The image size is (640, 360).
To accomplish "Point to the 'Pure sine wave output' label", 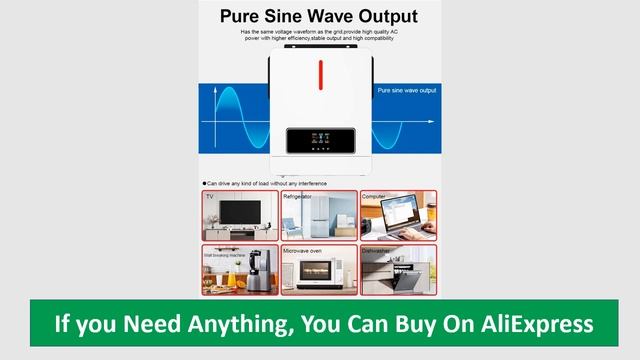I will (x=406, y=91).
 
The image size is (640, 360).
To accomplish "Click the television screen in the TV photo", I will (x=239, y=211).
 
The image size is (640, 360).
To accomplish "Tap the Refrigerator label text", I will (x=297, y=197).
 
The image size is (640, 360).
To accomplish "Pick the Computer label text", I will (x=373, y=197).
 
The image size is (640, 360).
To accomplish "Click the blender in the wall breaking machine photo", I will (x=256, y=271).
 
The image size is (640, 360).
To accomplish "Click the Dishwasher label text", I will (x=377, y=250).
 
